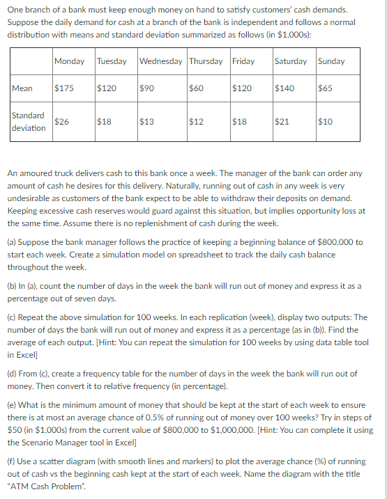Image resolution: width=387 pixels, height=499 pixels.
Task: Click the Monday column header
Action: (x=69, y=61)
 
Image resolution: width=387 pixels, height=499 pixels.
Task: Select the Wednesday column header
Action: (x=162, y=61)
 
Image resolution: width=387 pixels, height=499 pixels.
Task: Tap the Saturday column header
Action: (x=291, y=61)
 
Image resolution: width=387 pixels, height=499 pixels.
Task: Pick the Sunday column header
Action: (x=331, y=61)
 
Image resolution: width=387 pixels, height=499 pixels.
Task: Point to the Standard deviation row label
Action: (x=29, y=122)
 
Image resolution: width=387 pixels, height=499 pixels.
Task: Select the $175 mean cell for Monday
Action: (x=64, y=88)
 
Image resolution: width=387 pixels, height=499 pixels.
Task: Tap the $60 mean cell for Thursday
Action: (x=196, y=88)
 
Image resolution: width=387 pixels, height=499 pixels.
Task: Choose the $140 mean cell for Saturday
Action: (x=284, y=88)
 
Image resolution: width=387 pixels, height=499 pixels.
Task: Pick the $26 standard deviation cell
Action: (x=61, y=122)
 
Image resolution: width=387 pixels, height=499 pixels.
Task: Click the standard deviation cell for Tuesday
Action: (x=104, y=122)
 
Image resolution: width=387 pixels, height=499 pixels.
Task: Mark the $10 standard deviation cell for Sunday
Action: (x=325, y=122)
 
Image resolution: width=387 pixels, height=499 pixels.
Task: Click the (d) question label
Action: (x=13, y=374)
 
